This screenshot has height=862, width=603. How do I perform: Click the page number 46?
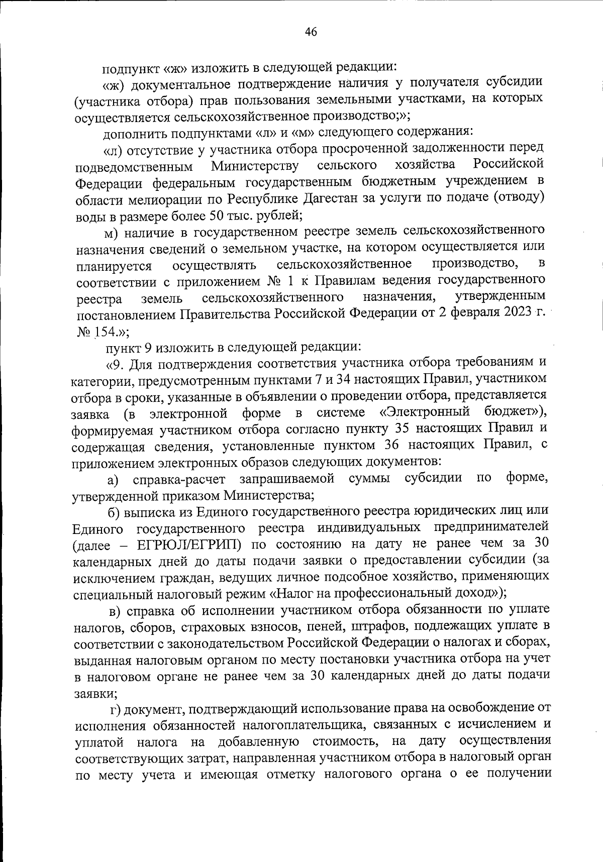tap(311, 32)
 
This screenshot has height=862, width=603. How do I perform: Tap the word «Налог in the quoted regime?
tap(292, 593)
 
